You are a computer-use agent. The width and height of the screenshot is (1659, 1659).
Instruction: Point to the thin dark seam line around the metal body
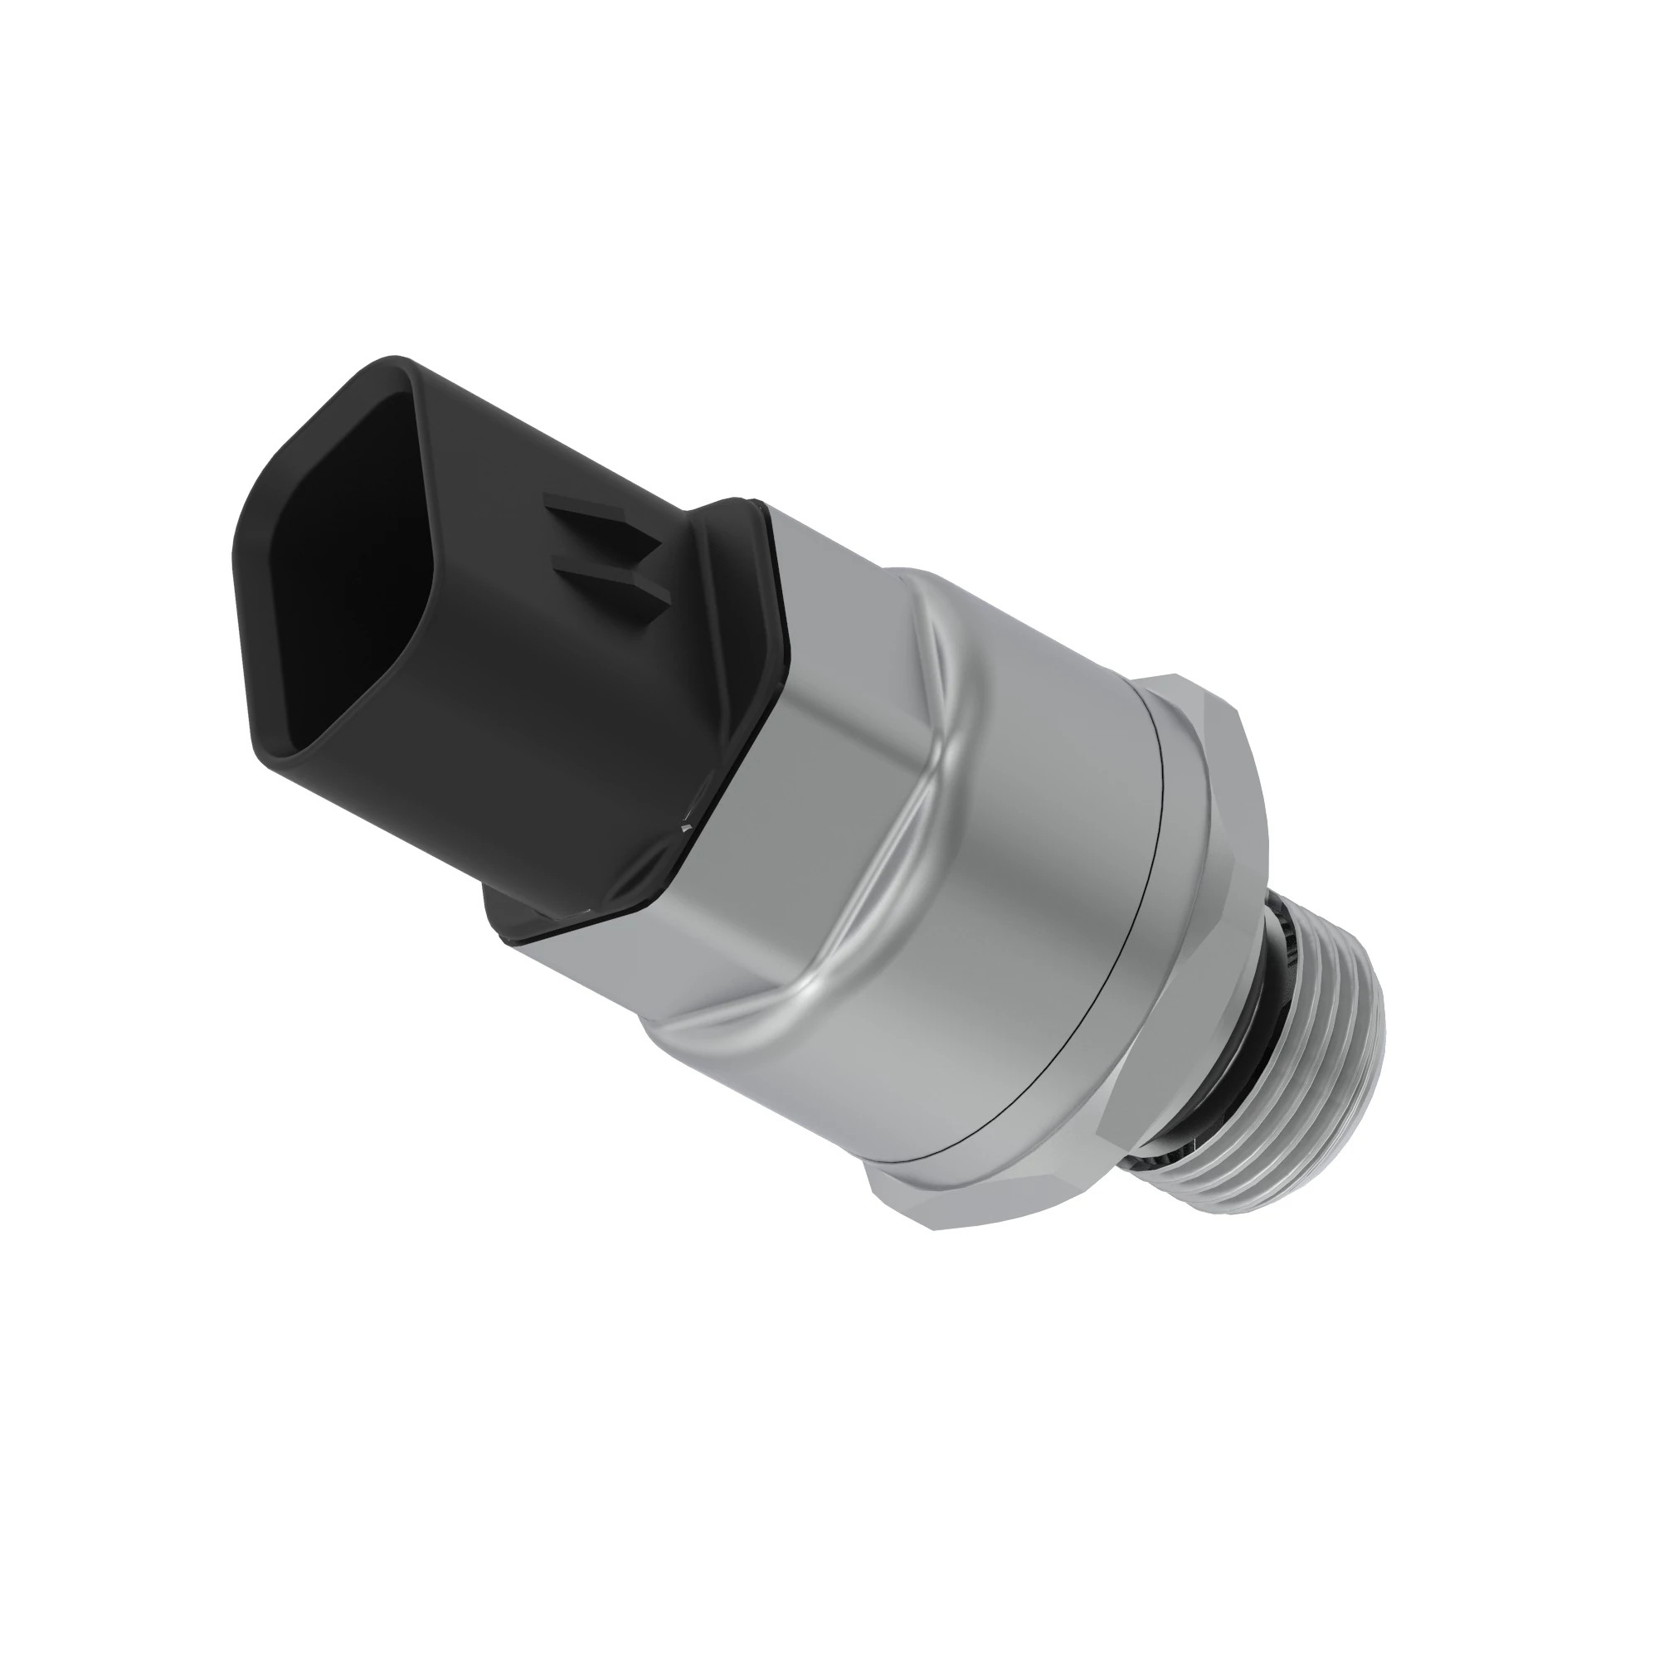click(1117, 945)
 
